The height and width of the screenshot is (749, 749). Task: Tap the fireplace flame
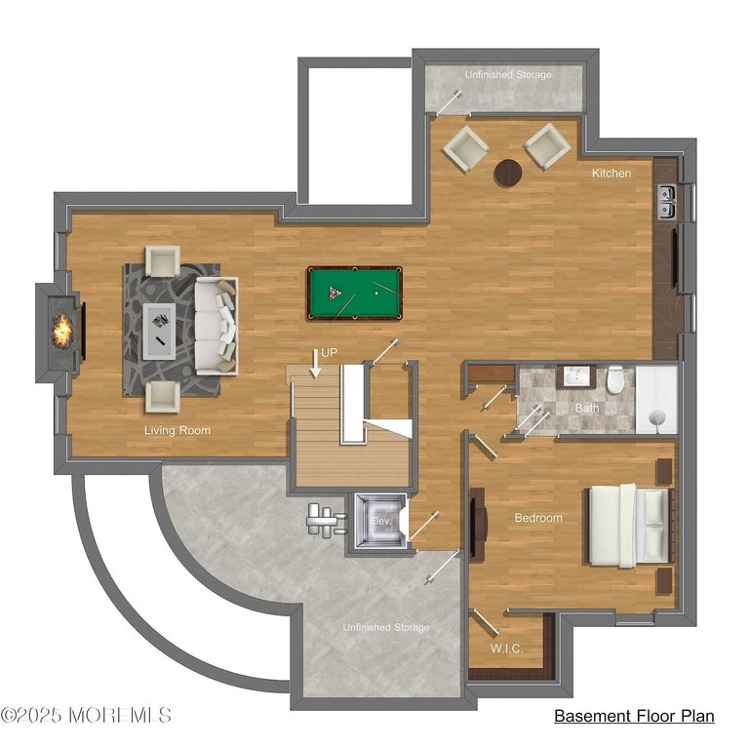(x=62, y=329)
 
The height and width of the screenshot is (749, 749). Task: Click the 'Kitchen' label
(x=611, y=174)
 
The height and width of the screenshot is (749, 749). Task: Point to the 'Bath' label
(x=586, y=408)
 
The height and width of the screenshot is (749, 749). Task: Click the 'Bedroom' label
(x=538, y=518)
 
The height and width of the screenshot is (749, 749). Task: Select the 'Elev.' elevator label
(x=380, y=522)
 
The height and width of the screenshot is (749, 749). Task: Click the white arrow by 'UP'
(x=316, y=362)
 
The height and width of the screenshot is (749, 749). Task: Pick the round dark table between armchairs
(x=507, y=173)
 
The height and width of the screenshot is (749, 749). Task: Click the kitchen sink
(x=668, y=201)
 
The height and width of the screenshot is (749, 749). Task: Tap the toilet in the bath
(x=615, y=380)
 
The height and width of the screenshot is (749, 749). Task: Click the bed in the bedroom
(x=629, y=525)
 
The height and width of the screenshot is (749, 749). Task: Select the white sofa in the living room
(x=216, y=325)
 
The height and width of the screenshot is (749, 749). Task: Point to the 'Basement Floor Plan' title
(x=634, y=717)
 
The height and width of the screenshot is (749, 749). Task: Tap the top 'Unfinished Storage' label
(x=507, y=75)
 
